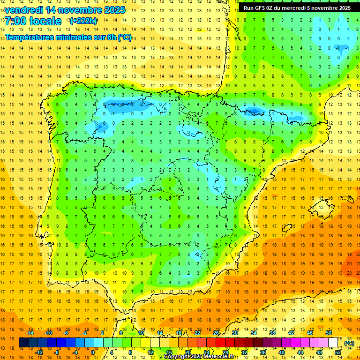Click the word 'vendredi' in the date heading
click(x=24, y=10)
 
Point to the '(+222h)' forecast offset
click(x=83, y=21)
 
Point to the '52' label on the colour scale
click(x=338, y=352)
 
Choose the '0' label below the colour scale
click(x=93, y=352)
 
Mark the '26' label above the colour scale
click(x=216, y=333)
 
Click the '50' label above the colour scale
click(x=328, y=333)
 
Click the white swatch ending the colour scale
click(x=333, y=343)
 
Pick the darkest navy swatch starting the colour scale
click(x=23, y=343)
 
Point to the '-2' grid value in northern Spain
click(x=142, y=104)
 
